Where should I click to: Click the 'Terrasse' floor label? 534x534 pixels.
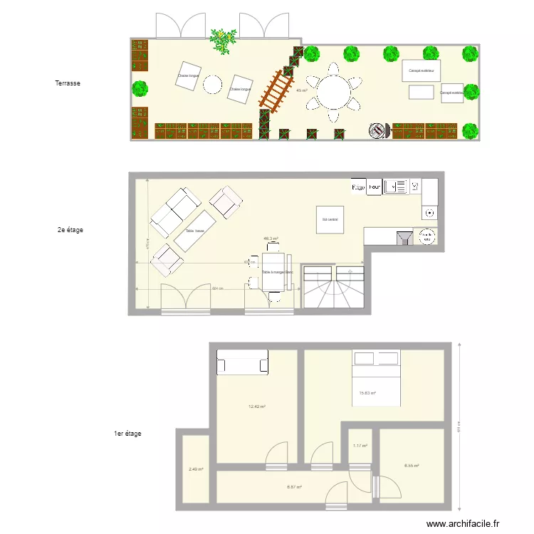click(68, 83)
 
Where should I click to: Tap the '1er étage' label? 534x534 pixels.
click(128, 433)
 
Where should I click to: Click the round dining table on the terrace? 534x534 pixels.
click(333, 91)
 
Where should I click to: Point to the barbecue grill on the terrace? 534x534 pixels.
click(377, 130)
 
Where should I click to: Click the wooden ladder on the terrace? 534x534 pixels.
click(276, 90)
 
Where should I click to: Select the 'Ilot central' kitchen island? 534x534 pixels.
click(331, 219)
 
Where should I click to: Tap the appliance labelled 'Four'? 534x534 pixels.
click(375, 187)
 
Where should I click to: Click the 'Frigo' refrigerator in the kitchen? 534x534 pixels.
click(358, 187)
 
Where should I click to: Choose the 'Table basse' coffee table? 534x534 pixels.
click(195, 231)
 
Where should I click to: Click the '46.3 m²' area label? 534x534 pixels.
click(271, 239)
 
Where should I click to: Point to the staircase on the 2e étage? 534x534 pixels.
click(333, 286)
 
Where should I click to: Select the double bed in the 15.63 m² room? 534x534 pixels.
click(377, 377)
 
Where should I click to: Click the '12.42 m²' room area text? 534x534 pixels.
click(256, 407)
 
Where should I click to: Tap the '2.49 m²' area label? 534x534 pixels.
click(196, 469)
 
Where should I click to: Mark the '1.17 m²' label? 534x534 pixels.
click(360, 446)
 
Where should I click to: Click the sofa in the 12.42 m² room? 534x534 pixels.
click(243, 362)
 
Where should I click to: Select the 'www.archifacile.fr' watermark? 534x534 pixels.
click(462, 524)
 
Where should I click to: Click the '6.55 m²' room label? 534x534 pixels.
click(411, 466)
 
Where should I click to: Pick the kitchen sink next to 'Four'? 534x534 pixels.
click(396, 187)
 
